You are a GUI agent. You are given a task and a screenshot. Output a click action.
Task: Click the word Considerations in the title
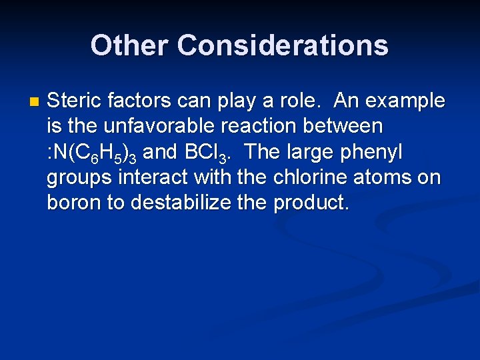(x=283, y=45)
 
